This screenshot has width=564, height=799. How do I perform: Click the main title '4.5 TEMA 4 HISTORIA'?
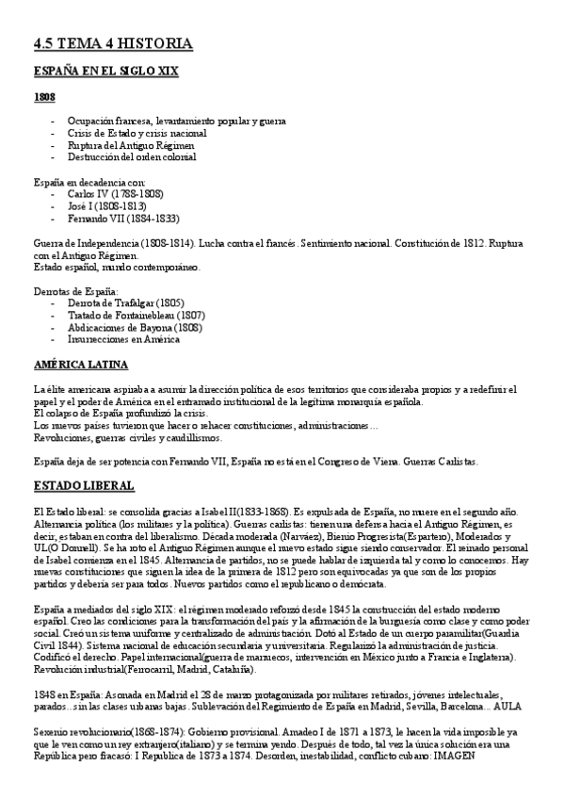click(x=112, y=44)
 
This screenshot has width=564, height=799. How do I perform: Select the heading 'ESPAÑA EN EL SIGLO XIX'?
click(x=106, y=72)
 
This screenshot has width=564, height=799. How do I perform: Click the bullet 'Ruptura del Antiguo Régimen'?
click(x=131, y=145)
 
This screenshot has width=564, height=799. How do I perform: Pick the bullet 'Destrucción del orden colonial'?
click(x=132, y=157)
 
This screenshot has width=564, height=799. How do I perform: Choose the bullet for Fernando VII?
click(x=123, y=218)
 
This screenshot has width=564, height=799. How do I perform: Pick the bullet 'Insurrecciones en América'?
click(x=123, y=339)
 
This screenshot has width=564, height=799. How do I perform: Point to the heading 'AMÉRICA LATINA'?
click(x=80, y=365)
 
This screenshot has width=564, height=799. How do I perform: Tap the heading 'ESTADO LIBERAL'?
click(x=83, y=485)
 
